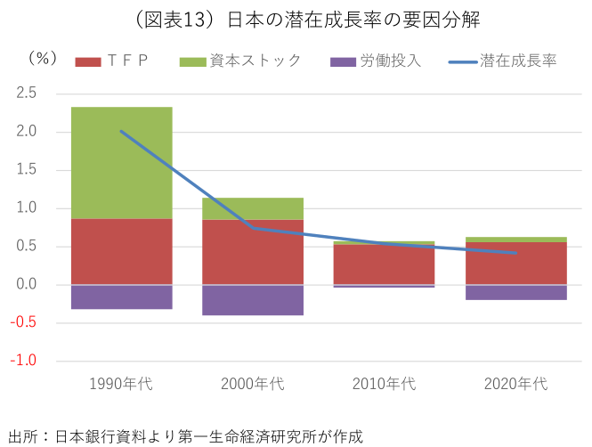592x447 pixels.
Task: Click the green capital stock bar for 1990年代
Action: coord(121,163)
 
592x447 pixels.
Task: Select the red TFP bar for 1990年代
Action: coord(121,252)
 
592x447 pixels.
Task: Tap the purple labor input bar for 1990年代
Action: coord(121,297)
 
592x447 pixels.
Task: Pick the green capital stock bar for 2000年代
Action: coord(253,208)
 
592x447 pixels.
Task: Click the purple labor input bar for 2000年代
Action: coord(253,300)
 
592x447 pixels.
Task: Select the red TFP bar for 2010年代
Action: coord(384,264)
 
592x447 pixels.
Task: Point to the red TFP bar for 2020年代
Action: coord(515,264)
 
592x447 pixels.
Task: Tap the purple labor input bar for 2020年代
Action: coord(515,292)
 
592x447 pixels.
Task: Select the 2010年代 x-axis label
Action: coord(384,385)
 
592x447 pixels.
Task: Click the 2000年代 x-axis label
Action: coord(253,385)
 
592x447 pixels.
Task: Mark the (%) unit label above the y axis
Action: coord(42,58)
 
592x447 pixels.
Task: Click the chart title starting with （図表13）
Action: coord(296,19)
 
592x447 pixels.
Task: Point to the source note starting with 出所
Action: coord(186,436)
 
